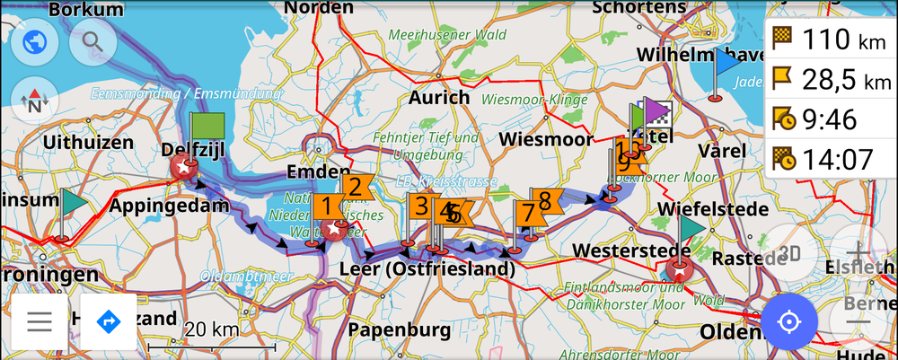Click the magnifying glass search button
pyautogui.click(x=92, y=41)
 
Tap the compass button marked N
pyautogui.click(x=34, y=100)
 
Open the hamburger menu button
pyautogui.click(x=39, y=320)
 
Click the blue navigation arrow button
pyautogui.click(x=109, y=320)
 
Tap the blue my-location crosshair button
pyautogui.click(x=789, y=320)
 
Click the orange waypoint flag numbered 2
pyautogui.click(x=357, y=187)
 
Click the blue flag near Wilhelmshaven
pyautogui.click(x=726, y=63)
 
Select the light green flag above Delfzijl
pyautogui.click(x=207, y=125)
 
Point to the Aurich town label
pyautogui.click(x=439, y=97)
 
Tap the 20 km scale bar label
pyautogui.click(x=212, y=329)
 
